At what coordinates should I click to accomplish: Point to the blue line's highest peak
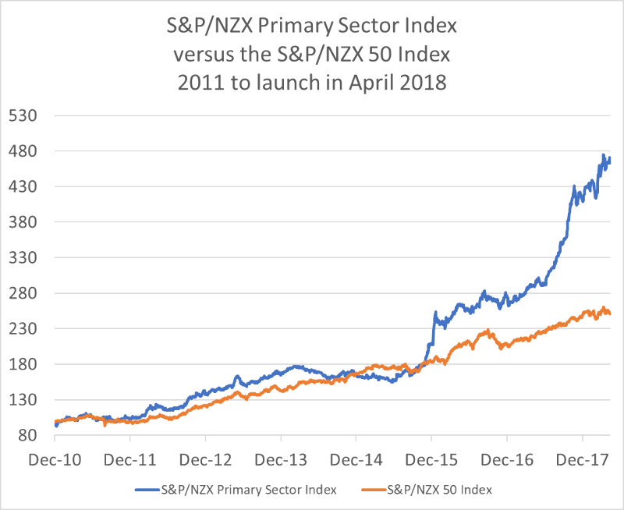click(x=603, y=155)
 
